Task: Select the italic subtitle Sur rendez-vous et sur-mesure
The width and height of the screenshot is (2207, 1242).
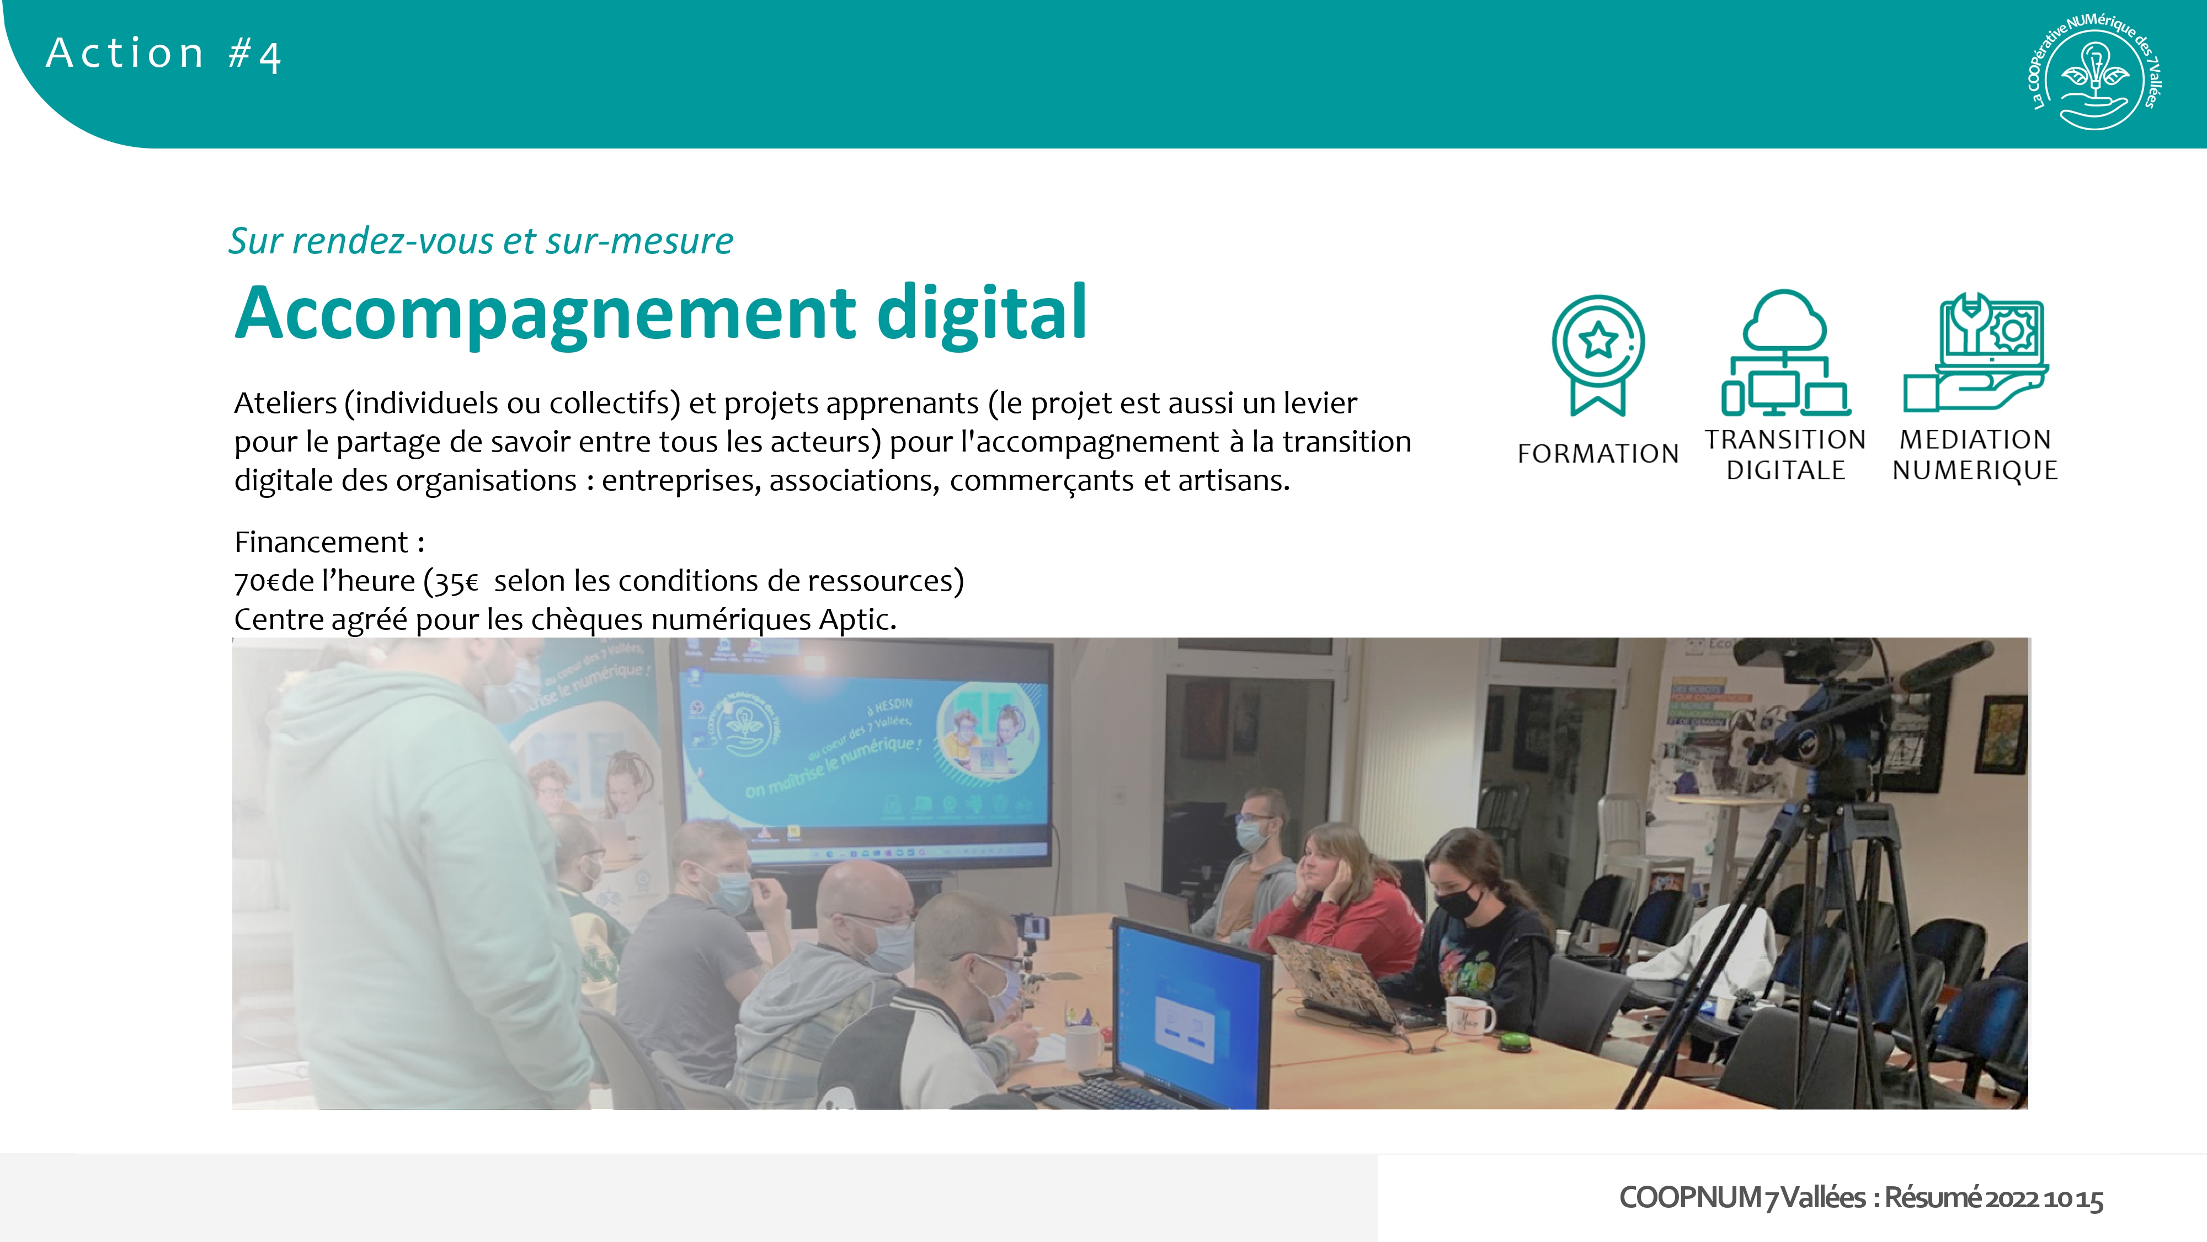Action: click(481, 241)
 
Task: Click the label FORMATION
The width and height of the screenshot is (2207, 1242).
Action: click(1598, 453)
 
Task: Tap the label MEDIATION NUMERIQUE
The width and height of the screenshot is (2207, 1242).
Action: click(1975, 455)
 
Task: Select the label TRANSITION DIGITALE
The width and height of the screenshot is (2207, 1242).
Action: click(1785, 455)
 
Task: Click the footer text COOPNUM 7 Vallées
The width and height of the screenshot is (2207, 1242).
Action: click(1742, 1197)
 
